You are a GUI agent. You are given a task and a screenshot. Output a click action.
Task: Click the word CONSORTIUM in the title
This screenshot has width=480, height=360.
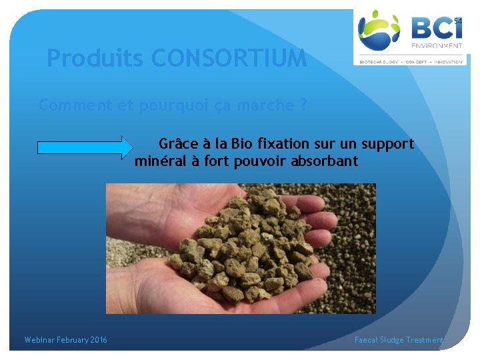pyautogui.click(x=229, y=59)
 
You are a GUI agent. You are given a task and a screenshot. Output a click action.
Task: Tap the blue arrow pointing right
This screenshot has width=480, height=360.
pyautogui.click(x=85, y=147)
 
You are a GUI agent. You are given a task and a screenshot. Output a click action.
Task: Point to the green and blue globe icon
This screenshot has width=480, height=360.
pyautogui.click(x=379, y=30)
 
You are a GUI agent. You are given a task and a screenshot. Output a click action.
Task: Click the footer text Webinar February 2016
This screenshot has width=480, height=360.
pyautogui.click(x=65, y=340)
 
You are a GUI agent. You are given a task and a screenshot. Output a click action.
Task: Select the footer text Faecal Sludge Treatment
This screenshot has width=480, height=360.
pyautogui.click(x=399, y=340)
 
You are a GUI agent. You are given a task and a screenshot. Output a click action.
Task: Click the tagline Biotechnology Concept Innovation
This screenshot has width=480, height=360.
pyautogui.click(x=411, y=61)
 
